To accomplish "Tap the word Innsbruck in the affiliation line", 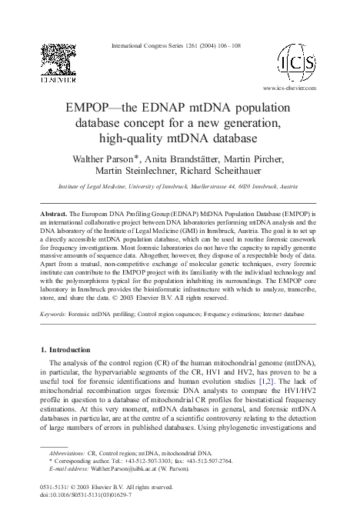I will tap(192, 187).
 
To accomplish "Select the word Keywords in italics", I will tap(53, 315).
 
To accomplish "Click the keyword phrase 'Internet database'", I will tap(285, 315).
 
